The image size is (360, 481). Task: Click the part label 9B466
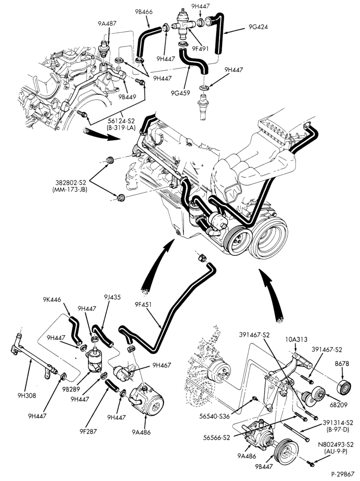(143, 12)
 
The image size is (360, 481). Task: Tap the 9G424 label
(258, 27)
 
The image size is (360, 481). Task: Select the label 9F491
(200, 49)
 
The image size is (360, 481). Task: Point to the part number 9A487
(107, 23)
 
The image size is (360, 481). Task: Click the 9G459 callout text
(181, 93)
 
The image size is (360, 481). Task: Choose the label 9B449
(127, 97)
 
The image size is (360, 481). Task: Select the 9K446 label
(52, 300)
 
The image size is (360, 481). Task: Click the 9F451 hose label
(143, 305)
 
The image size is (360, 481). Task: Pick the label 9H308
(26, 396)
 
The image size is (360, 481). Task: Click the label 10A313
(297, 340)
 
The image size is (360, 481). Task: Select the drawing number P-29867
(342, 474)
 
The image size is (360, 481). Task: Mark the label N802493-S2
(336, 444)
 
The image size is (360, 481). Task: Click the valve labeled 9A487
(103, 49)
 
